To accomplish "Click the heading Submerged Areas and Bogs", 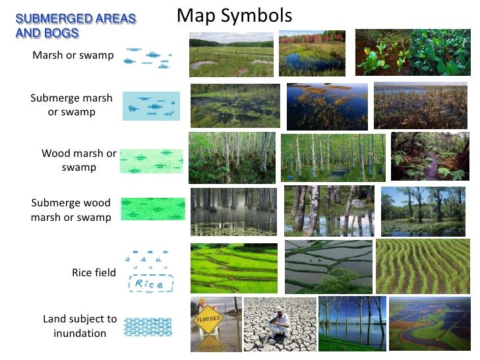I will coord(75,26).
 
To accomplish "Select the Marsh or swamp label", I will coord(73,55).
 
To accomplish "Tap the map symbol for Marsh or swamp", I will coord(148,57).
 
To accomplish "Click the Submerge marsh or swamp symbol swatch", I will coord(151,105).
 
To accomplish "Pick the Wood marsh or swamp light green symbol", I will coord(151,161).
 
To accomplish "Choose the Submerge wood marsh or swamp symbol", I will coord(152,209).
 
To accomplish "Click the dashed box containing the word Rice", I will coord(150,284).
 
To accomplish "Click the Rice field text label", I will coord(94,273).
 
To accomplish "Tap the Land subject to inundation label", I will coord(80,326).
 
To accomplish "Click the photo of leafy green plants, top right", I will coord(412,51).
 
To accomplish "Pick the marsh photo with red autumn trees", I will coord(312,53).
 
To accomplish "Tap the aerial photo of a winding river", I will coord(429,323).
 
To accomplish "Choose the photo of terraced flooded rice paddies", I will coord(328,266).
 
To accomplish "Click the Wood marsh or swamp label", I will coord(78,160).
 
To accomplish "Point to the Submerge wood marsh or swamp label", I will coord(71,210).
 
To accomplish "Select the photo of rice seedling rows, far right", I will coord(422,266).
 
